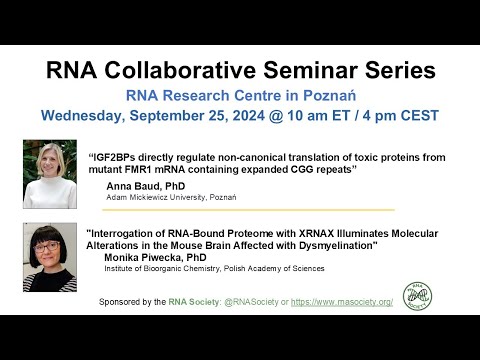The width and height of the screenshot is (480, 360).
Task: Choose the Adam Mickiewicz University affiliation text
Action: [170, 197]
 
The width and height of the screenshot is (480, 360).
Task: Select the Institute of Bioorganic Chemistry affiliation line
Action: [214, 268]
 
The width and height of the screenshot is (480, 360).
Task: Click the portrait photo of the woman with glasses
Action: [50, 257]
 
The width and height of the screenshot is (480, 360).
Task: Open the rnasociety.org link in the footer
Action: [339, 301]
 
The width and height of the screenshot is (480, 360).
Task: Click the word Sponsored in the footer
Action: [124, 301]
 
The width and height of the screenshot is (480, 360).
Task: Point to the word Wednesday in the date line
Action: [90, 115]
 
